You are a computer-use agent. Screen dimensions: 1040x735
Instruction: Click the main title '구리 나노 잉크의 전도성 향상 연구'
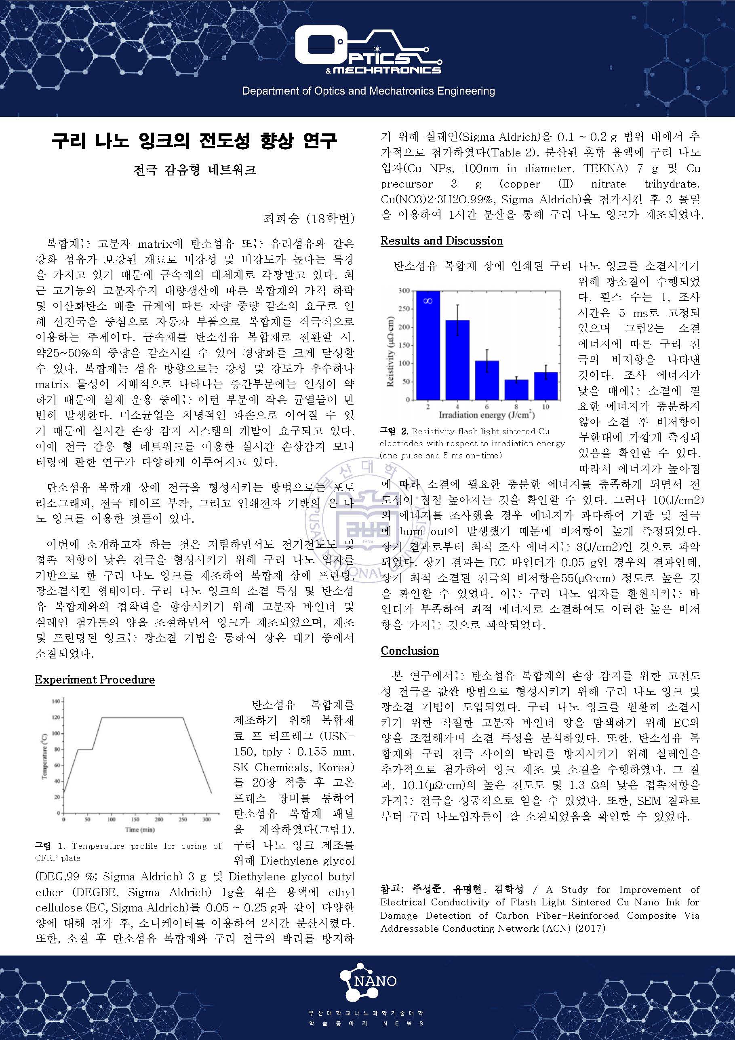point(194,141)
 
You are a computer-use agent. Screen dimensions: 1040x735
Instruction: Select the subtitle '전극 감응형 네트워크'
point(195,170)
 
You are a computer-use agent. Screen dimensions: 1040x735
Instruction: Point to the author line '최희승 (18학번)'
point(308,218)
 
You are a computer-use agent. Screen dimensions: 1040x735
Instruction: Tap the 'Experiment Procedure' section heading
point(95,679)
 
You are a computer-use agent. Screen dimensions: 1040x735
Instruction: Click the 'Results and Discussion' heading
point(442,240)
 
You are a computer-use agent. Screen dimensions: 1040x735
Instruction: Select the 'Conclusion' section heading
point(409,650)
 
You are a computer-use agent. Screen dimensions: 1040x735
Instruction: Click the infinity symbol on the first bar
point(428,300)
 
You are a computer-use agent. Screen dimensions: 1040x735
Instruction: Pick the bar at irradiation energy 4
point(457,360)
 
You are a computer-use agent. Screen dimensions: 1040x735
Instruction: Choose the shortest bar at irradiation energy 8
point(516,390)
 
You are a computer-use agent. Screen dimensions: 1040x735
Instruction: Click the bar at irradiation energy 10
point(546,386)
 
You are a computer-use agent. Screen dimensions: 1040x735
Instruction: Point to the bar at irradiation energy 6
point(487,380)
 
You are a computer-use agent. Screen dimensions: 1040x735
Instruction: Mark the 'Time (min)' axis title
point(140,829)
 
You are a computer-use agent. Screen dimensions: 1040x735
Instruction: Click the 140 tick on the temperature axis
point(56,702)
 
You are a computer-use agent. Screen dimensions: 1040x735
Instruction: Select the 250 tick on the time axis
point(183,819)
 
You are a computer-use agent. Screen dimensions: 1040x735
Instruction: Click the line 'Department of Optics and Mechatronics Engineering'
point(368,91)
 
